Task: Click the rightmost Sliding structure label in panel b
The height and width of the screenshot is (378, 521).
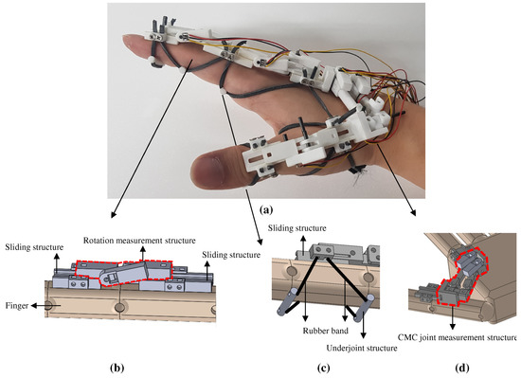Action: [x=231, y=256]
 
